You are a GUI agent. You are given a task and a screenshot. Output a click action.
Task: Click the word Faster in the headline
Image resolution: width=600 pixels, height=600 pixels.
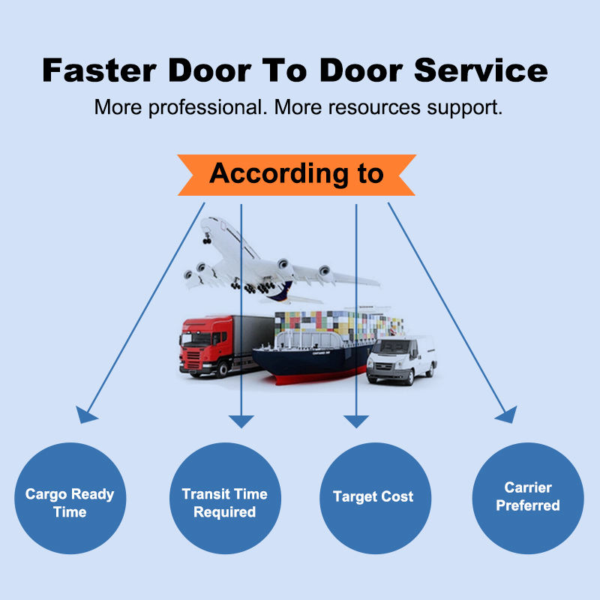99,70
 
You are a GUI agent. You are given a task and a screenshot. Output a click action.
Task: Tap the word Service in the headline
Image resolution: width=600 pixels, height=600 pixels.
481,70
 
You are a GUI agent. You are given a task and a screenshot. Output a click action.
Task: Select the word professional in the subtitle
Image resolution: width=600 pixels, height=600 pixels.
208,108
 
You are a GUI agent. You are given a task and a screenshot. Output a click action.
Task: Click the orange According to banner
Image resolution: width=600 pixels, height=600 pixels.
296,175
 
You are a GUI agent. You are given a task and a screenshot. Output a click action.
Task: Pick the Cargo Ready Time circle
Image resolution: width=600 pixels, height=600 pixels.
70,498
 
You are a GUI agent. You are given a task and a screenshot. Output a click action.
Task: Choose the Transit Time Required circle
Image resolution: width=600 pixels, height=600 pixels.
225,498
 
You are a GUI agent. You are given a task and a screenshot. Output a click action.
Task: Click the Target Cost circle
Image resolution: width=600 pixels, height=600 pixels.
375,498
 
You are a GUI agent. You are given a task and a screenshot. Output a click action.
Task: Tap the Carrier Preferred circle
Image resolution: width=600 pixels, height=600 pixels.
528,498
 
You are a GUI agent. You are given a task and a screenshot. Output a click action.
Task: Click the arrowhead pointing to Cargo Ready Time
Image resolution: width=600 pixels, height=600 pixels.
85,415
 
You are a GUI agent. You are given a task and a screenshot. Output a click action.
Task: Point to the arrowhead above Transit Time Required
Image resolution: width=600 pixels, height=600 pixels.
241,421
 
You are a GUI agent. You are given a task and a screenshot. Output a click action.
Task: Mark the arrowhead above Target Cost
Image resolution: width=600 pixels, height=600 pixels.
355,421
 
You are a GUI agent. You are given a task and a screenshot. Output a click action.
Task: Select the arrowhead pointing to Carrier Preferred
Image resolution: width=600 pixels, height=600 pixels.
508,415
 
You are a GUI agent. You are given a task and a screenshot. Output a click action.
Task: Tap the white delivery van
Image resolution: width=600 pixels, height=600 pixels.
401,359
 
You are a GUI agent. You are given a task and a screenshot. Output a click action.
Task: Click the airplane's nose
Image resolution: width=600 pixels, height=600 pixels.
204,222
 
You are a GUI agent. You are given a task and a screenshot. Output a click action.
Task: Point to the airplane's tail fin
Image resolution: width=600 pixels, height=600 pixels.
281,291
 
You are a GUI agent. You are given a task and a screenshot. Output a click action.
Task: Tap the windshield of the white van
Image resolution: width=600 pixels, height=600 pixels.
390,347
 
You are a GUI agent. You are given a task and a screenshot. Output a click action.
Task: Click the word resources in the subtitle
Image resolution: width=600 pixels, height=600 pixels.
374,107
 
